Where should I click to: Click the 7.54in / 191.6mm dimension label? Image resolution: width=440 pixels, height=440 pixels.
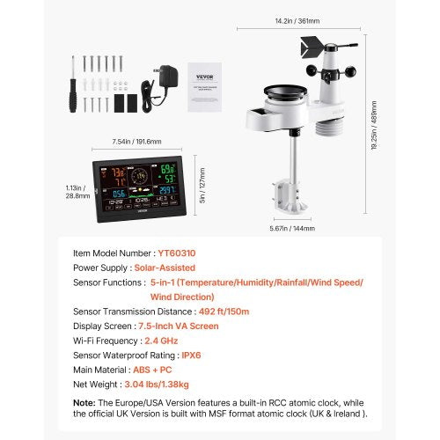(131, 142)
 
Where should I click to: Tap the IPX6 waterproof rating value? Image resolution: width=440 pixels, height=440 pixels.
(188, 354)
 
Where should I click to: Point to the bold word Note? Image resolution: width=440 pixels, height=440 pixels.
(84, 403)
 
